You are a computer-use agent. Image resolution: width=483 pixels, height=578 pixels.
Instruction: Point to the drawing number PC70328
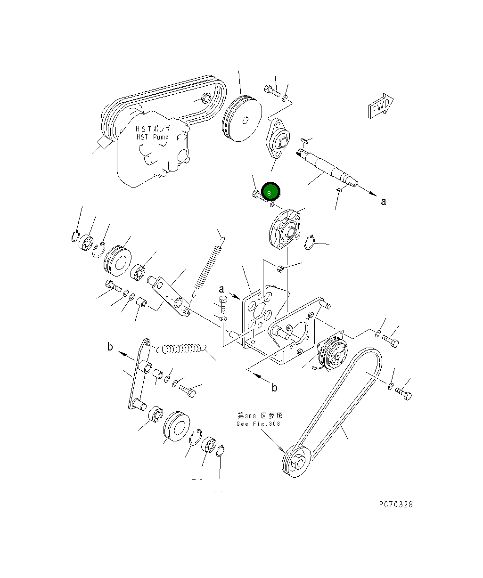pos(395,505)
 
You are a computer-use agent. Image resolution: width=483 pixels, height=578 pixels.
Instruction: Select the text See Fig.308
pos(258,423)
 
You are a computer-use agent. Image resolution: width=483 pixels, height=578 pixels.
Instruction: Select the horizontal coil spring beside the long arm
pos(181,350)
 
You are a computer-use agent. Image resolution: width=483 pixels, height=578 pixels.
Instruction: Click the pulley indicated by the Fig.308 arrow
pos(295,462)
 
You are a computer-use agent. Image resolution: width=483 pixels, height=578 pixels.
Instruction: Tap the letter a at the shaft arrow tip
pos(384,202)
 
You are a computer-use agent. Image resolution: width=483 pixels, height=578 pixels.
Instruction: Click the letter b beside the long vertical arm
pos(110,347)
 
